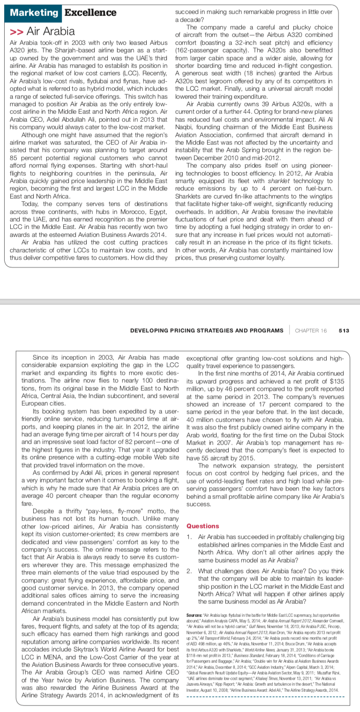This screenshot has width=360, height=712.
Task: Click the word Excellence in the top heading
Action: (x=90, y=12)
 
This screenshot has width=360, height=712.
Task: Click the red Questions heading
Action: (x=202, y=526)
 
